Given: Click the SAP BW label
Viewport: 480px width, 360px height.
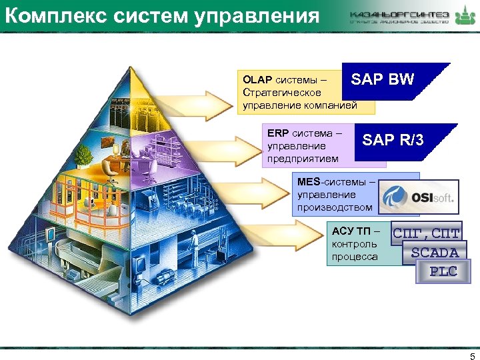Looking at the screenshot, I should pyautogui.click(x=383, y=80).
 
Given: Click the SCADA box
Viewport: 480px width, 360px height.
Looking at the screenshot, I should pyautogui.click(x=435, y=253).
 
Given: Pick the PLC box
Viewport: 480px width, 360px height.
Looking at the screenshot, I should pyautogui.click(x=443, y=271).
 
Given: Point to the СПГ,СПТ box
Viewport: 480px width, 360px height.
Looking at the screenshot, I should pyautogui.click(x=427, y=234).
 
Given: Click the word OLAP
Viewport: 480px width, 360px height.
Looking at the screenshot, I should pyautogui.click(x=258, y=79).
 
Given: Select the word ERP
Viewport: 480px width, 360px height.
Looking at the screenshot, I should pyautogui.click(x=277, y=133).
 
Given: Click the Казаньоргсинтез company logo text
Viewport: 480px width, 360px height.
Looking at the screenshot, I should pyautogui.click(x=399, y=14).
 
